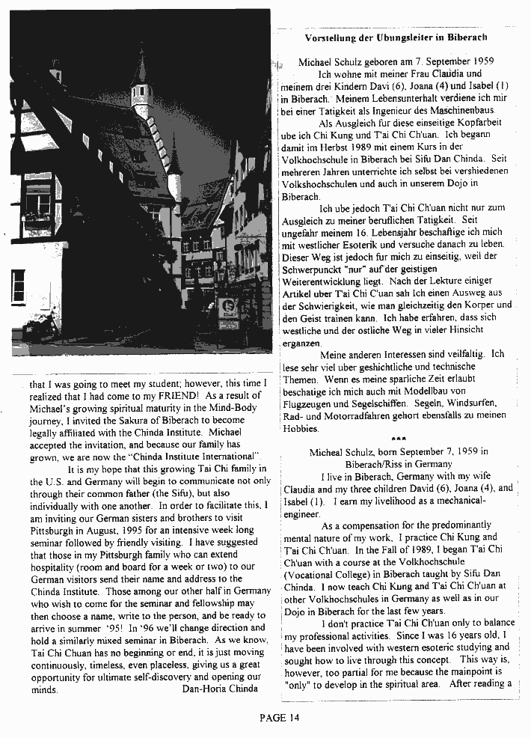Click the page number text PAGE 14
click(279, 718)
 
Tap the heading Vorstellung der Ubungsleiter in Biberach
click(396, 37)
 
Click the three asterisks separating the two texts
click(397, 439)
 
